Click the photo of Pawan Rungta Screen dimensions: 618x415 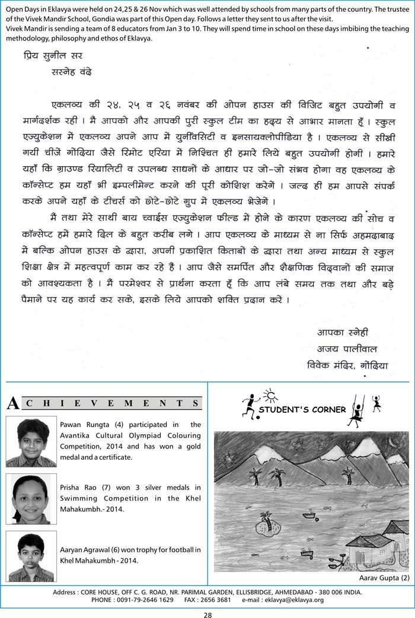(x=31, y=442)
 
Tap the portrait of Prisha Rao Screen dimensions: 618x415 (x=31, y=499)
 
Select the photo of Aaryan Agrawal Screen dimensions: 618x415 (x=31, y=556)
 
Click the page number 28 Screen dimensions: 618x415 (x=207, y=611)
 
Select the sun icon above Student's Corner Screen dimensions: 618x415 (x=270, y=394)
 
